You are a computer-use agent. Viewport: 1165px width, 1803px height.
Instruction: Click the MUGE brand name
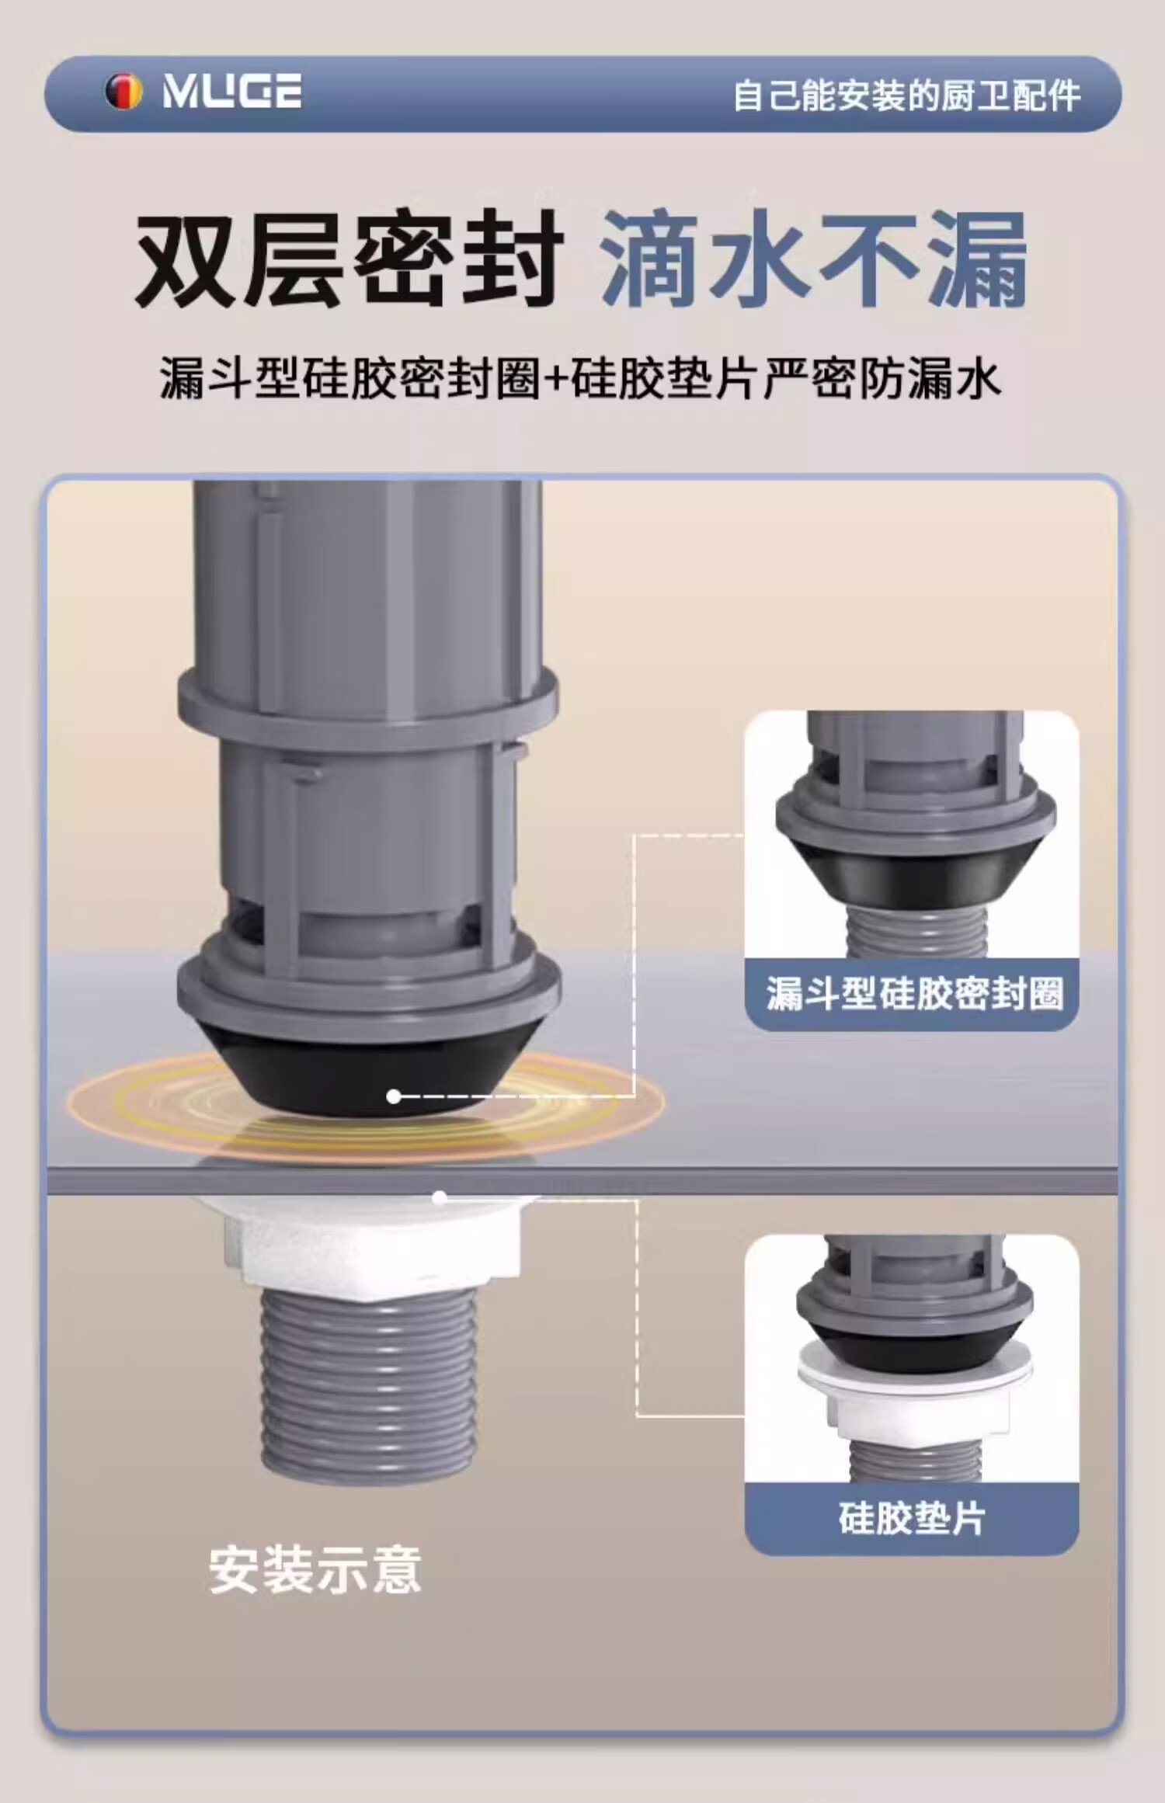(x=231, y=91)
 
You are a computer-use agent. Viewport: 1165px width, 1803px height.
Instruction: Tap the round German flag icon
(x=123, y=92)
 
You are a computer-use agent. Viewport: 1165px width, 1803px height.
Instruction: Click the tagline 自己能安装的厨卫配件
(x=906, y=96)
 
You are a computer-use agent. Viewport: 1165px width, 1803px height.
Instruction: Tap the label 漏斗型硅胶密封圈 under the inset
(x=914, y=993)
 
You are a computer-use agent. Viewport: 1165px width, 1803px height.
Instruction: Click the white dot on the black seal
(x=394, y=1096)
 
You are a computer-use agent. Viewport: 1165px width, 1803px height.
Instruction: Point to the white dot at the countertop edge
(x=439, y=1198)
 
